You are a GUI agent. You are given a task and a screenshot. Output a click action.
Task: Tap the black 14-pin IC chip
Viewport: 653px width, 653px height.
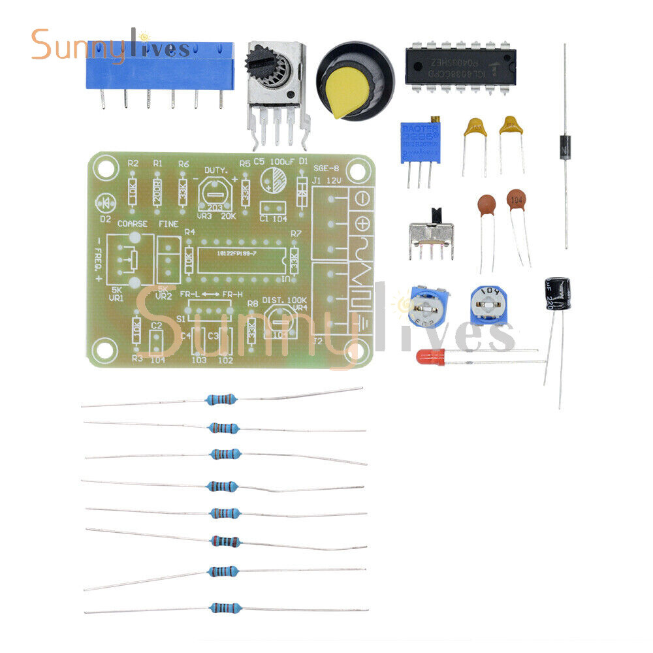tap(460, 66)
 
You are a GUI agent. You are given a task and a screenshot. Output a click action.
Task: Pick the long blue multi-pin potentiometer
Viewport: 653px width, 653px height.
tap(159, 66)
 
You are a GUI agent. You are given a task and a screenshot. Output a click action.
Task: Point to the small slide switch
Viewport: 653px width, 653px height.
tap(432, 234)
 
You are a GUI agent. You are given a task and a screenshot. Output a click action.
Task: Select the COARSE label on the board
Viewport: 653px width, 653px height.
tap(132, 223)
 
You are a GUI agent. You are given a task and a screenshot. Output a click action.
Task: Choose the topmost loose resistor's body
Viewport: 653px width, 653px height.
tap(221, 400)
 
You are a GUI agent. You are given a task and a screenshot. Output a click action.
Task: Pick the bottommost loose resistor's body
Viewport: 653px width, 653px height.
tap(225, 608)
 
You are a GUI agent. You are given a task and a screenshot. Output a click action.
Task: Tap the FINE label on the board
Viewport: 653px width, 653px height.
tap(168, 223)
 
